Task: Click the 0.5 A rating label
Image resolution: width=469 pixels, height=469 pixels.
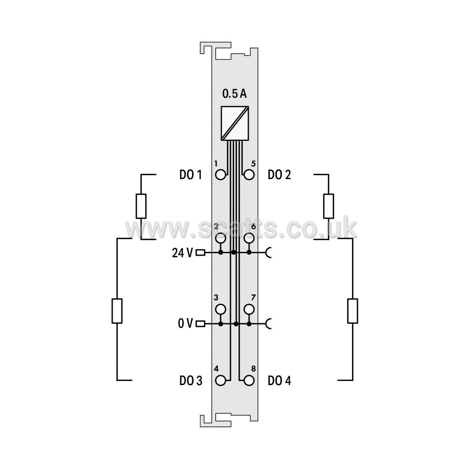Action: (x=234, y=94)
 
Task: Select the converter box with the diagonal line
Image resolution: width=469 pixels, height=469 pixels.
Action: (x=235, y=123)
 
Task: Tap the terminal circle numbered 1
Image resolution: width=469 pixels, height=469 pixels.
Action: (x=220, y=175)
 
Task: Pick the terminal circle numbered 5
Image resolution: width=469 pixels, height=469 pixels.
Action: (x=249, y=175)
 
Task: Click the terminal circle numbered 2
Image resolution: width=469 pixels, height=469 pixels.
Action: (x=220, y=239)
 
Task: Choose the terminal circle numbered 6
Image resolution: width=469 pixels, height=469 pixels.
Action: (x=249, y=239)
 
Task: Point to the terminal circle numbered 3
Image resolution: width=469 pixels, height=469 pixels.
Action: (x=220, y=309)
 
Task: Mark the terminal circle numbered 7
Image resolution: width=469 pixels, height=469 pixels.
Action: (x=249, y=309)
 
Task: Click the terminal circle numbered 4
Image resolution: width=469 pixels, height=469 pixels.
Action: (x=220, y=381)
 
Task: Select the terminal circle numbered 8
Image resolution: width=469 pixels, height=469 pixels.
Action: (x=249, y=381)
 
